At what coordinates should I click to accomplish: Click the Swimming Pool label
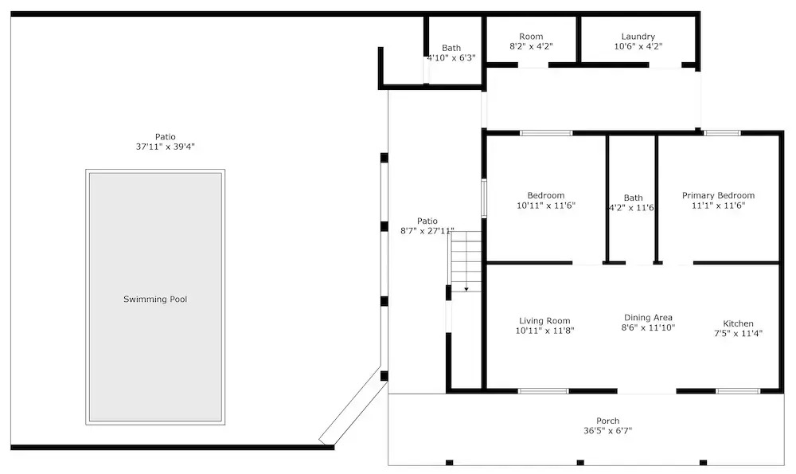pos(155,300)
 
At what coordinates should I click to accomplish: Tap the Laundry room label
pos(638,37)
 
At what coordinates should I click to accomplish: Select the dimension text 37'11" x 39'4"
pos(166,147)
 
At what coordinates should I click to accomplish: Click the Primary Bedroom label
pos(718,196)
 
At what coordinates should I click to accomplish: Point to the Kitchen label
pos(738,323)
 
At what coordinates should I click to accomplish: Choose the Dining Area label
pos(648,318)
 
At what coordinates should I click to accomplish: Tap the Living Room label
pos(544,320)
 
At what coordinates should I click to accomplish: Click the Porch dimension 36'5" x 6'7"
pos(607,431)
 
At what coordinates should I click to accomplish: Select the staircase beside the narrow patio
pos(465,261)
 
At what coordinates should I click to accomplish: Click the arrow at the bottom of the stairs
pos(466,290)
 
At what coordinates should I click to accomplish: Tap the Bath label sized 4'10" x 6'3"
pos(451,48)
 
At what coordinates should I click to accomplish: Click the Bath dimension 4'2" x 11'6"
pos(631,208)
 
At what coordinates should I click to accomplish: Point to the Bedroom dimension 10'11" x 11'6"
pos(546,206)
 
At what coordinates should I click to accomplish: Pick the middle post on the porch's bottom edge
pos(580,462)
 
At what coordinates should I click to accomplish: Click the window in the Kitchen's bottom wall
pos(738,391)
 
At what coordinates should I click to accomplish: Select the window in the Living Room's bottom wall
pos(543,391)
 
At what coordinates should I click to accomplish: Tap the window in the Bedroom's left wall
pos(484,198)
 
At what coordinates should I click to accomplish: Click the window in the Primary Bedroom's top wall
pos(722,133)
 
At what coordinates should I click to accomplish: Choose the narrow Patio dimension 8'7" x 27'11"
pos(427,231)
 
